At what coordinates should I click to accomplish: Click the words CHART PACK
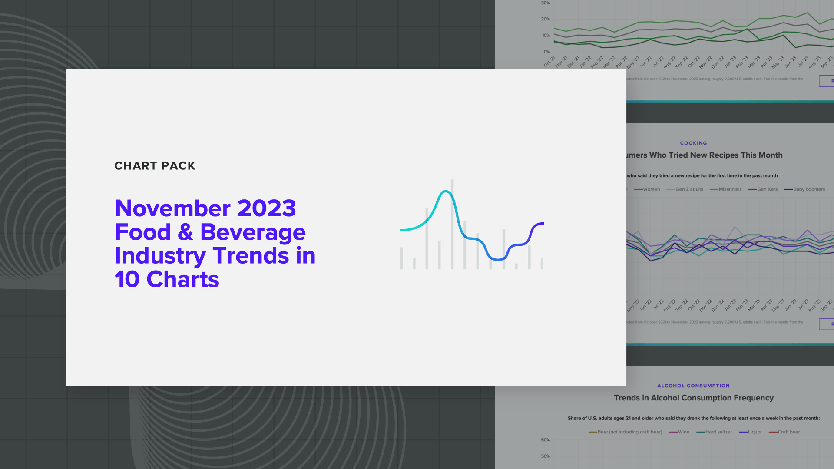click(155, 166)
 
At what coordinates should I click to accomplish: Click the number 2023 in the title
click(266, 208)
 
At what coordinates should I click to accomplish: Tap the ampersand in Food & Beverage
click(185, 232)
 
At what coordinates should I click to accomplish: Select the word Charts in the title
click(182, 279)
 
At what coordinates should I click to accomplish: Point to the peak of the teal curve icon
click(445, 191)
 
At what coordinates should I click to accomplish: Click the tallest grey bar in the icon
click(452, 224)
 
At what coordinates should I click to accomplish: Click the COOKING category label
click(693, 143)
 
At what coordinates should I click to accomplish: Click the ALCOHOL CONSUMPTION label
click(693, 386)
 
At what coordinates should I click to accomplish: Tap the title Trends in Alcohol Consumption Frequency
click(693, 398)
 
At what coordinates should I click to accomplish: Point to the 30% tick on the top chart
click(545, 3)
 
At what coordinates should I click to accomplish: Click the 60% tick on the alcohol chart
click(545, 440)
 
